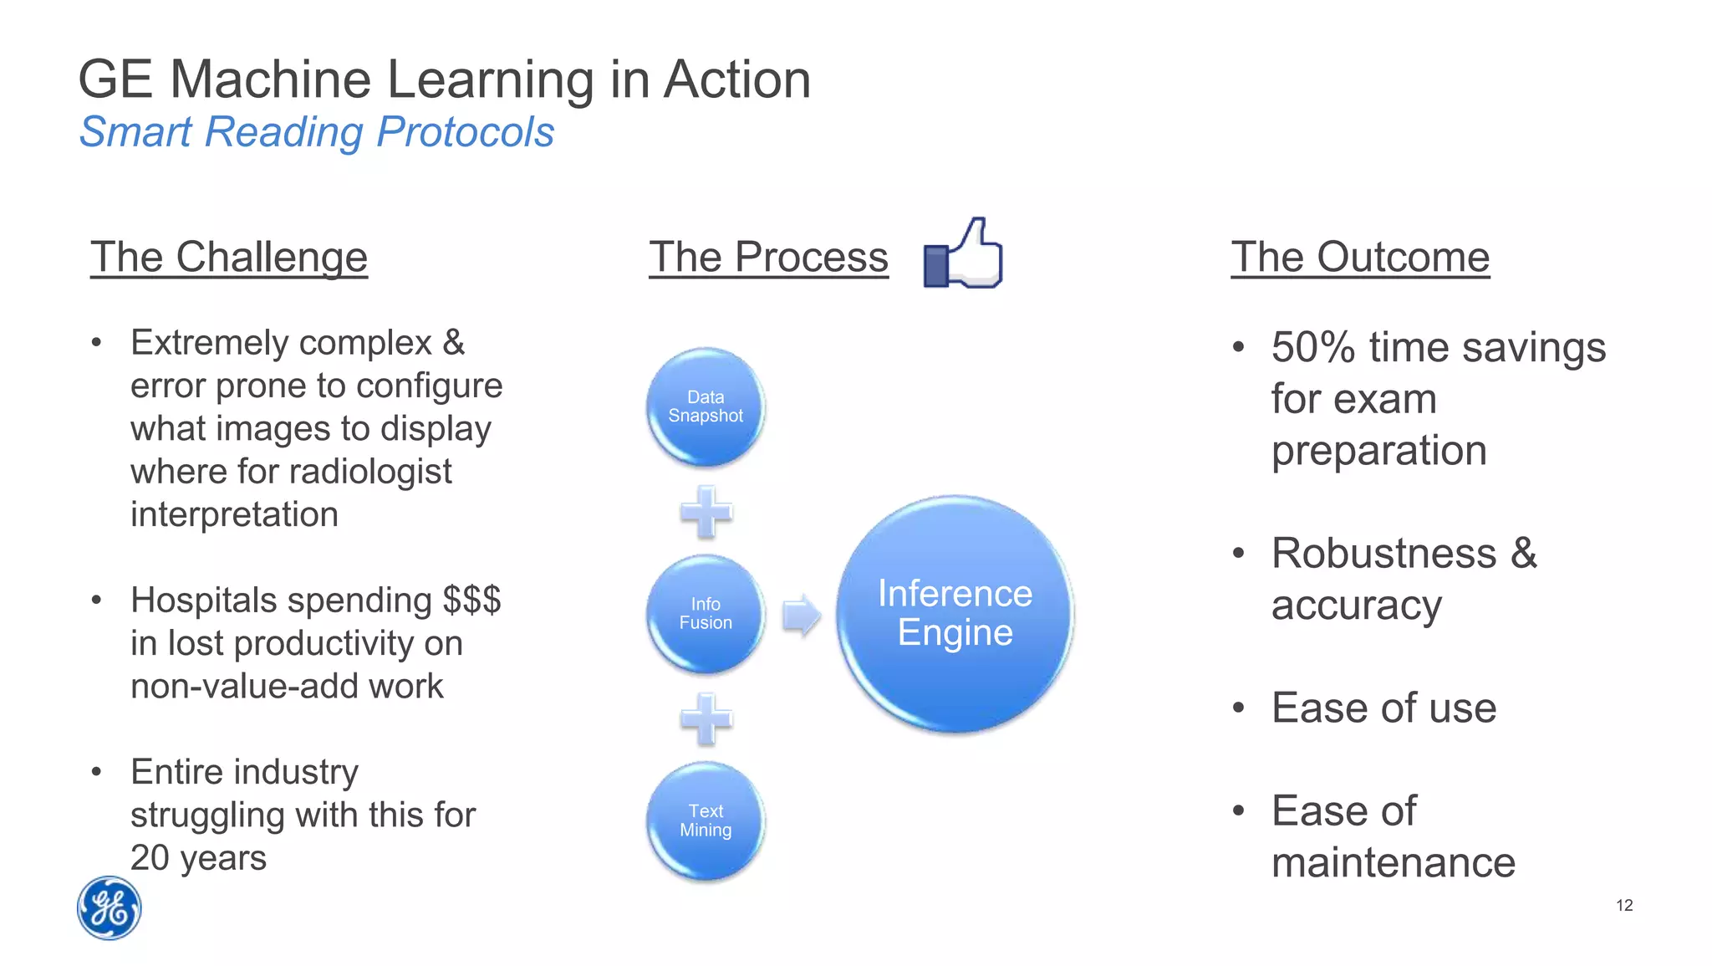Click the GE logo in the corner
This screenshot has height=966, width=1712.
click(x=109, y=908)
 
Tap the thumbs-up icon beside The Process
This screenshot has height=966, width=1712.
click(x=963, y=254)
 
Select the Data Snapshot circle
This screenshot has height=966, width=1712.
click(x=706, y=406)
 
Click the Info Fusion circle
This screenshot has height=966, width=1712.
click(x=706, y=614)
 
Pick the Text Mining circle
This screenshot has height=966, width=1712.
click(x=706, y=820)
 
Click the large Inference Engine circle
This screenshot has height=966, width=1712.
click(x=955, y=614)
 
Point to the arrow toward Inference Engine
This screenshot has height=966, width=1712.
click(x=801, y=616)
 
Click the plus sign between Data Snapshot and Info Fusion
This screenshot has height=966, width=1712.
click(x=706, y=511)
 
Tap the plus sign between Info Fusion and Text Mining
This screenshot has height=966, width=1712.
click(x=706, y=718)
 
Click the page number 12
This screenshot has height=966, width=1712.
click(x=1624, y=905)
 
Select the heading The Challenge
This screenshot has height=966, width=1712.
click(x=229, y=257)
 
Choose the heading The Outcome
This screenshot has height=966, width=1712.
click(x=1360, y=257)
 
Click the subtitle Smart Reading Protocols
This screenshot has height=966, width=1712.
click(x=317, y=132)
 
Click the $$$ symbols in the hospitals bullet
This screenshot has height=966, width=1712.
click(x=471, y=600)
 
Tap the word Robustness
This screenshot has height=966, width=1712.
click(x=1383, y=554)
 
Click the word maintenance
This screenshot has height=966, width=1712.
click(x=1393, y=862)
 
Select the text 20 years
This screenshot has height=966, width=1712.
click(x=198, y=858)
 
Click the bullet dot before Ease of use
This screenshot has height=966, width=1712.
click(x=1239, y=708)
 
